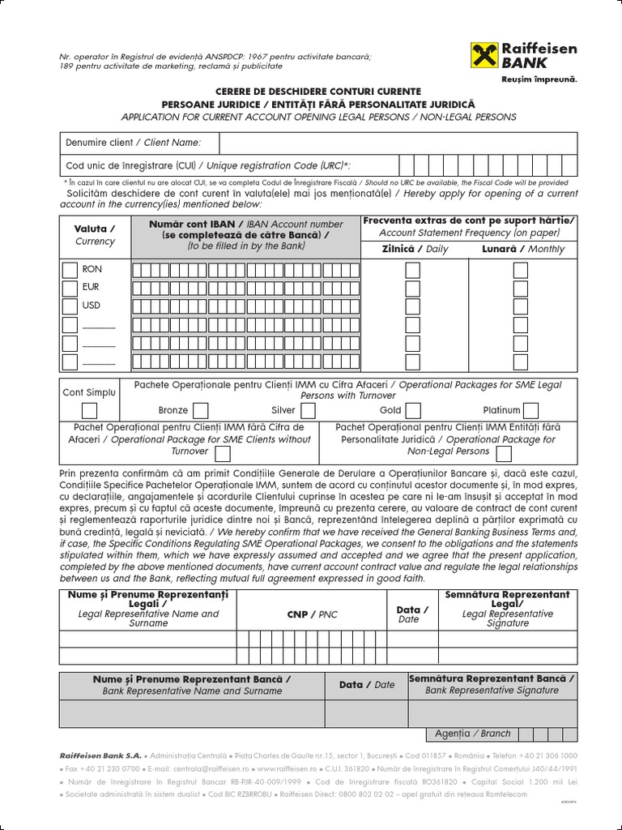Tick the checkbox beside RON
[70, 269]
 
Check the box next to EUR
[70, 288]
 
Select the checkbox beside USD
[70, 306]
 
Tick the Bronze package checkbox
[200, 410]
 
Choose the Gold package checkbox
[413, 410]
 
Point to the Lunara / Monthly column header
[523, 249]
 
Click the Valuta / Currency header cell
[95, 235]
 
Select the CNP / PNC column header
[312, 614]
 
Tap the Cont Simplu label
[89, 392]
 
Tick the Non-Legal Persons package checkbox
[504, 452]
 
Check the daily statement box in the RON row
[413, 269]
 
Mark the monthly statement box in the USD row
[521, 306]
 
